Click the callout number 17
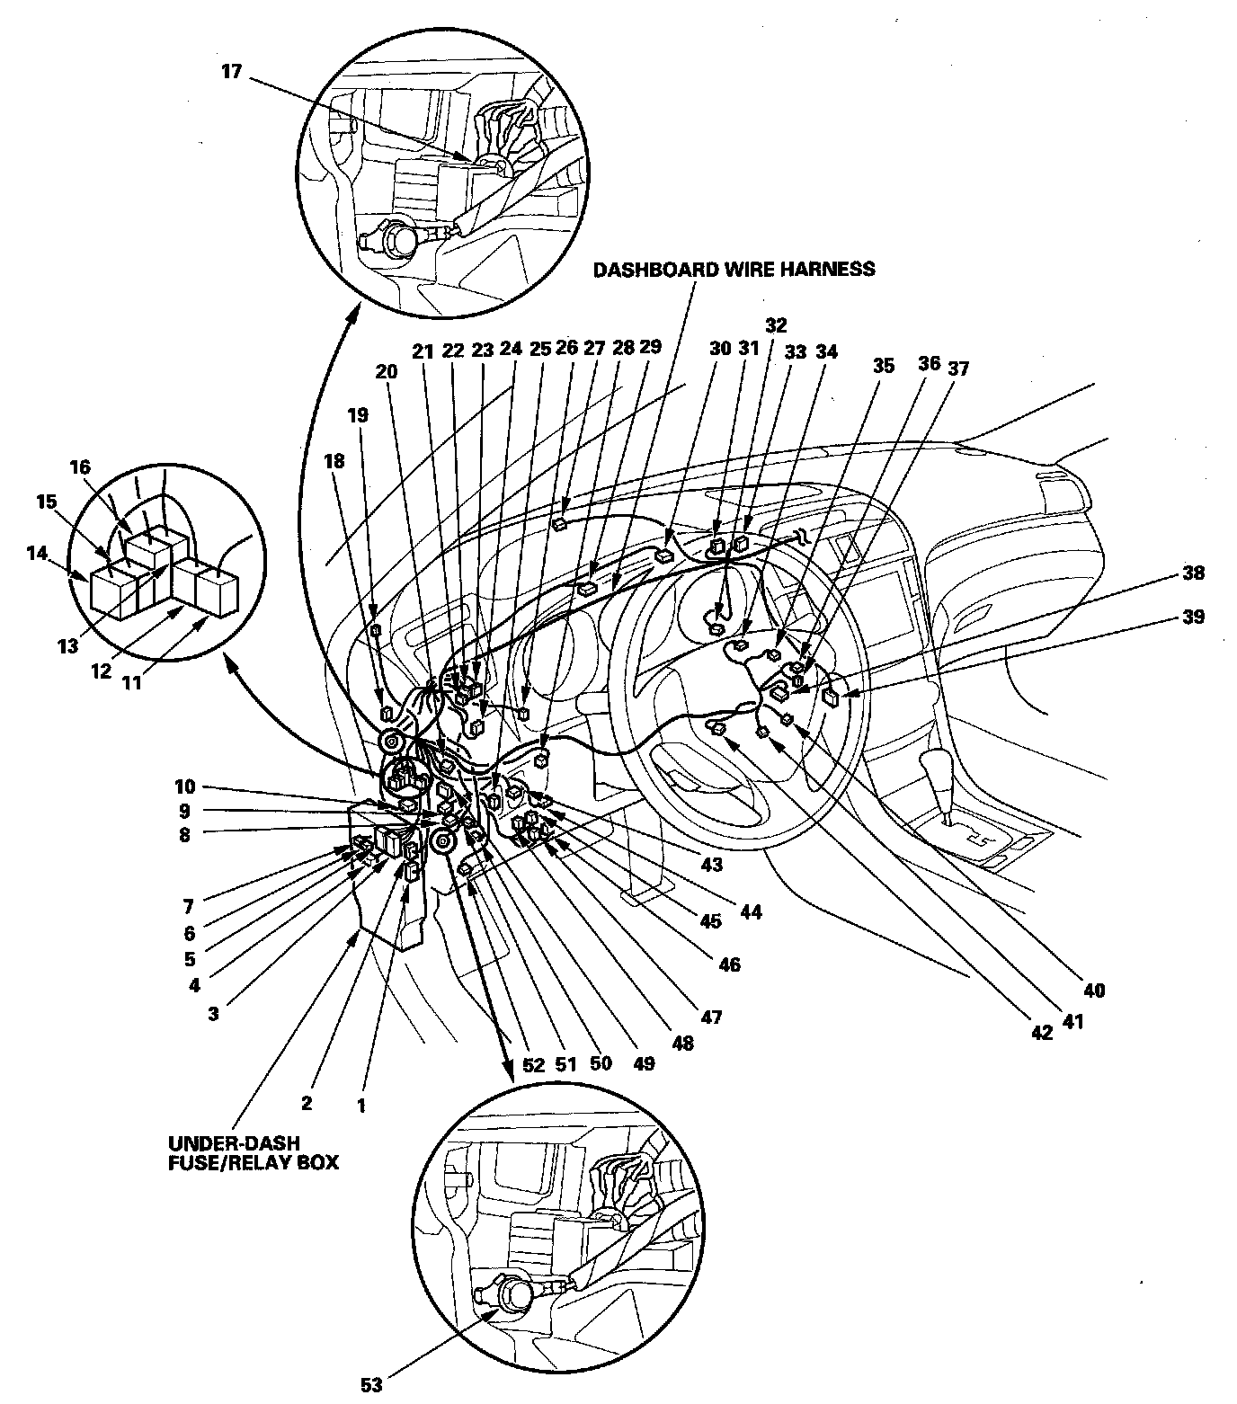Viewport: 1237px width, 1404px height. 232,71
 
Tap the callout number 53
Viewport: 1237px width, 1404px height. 371,1384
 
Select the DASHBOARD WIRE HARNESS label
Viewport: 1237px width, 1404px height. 734,269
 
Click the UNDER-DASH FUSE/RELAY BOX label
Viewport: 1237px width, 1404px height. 254,1152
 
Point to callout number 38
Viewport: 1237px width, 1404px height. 1194,573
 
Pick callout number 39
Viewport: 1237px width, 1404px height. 1194,617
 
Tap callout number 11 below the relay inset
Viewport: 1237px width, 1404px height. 132,682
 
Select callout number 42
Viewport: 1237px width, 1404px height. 1041,1033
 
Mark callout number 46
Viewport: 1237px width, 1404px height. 729,964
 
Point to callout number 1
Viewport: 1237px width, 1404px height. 361,1106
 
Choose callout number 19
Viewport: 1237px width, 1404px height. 359,415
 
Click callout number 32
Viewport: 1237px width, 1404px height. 776,324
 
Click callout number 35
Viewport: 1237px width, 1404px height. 884,366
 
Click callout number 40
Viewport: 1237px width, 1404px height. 1094,991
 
